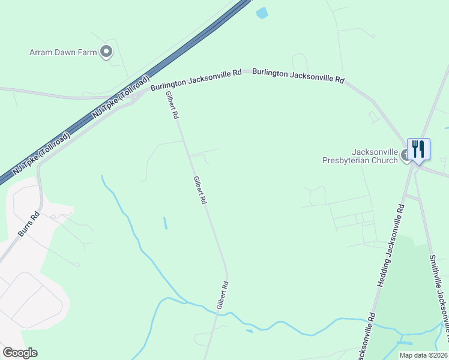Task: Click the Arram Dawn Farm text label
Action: click(x=63, y=53)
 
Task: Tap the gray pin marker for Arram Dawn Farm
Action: click(x=106, y=52)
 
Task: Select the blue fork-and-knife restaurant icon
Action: click(x=418, y=149)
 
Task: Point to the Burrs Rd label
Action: click(x=28, y=223)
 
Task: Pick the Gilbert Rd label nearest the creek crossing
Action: click(x=222, y=295)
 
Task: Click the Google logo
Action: click(x=19, y=353)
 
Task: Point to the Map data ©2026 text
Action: click(x=423, y=355)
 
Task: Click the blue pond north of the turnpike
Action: click(x=262, y=13)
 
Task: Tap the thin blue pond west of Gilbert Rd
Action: click(x=165, y=223)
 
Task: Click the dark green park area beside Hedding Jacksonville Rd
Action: click(x=408, y=300)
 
